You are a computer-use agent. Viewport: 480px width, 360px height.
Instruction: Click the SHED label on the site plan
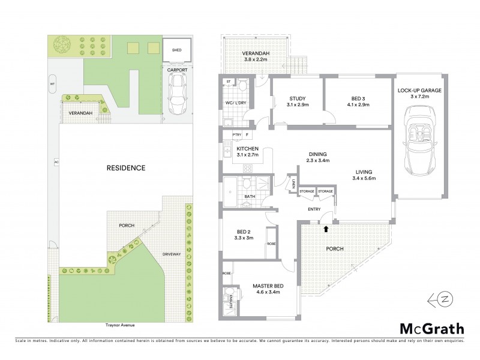[x=176, y=50]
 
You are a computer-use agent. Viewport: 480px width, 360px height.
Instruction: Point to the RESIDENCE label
[x=127, y=167]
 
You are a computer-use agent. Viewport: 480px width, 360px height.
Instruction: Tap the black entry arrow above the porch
[x=326, y=228]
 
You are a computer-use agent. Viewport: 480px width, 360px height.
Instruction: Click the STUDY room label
[x=298, y=99]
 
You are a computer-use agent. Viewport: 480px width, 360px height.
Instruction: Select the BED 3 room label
[x=358, y=99]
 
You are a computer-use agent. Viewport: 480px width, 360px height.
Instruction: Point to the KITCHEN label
[x=247, y=148]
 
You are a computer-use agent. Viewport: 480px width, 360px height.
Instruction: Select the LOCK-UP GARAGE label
[x=419, y=91]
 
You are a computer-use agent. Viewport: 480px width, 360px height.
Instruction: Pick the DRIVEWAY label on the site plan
[x=171, y=254]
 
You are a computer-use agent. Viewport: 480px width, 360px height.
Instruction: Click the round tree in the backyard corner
[x=62, y=45]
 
